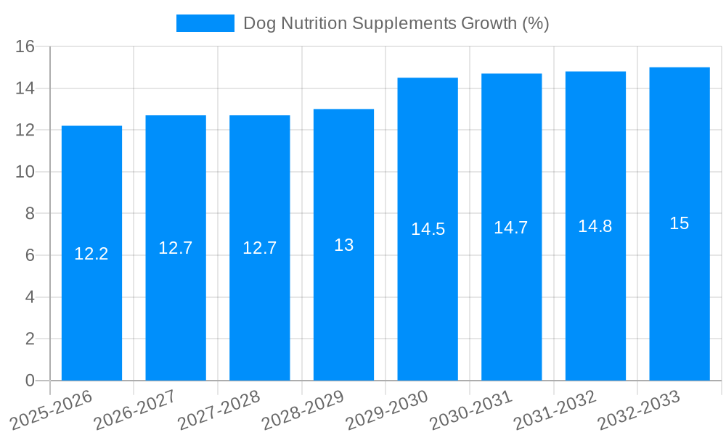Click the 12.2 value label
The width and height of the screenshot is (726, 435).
coord(91,254)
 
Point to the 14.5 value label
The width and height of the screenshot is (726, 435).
coord(428,229)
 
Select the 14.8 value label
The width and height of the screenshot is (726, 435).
coord(595,226)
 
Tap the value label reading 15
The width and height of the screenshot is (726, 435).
coord(680,223)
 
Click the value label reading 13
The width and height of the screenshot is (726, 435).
coord(343,245)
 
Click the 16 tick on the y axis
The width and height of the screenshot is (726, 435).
coord(25,47)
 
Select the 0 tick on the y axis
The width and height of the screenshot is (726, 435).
coord(30,381)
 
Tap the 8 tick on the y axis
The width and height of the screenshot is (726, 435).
coord(30,214)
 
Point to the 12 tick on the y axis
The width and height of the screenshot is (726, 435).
coord(25,130)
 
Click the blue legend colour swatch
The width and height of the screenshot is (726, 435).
coord(205,23)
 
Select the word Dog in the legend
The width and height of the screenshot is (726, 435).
coord(258,23)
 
